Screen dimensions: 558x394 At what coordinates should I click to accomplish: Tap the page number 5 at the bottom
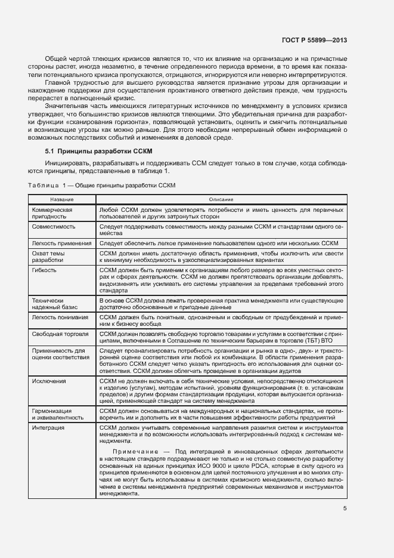pos(345,508)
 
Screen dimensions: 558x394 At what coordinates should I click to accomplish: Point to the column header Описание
pos(221,199)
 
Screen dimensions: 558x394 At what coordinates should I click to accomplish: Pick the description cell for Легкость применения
pos(220,243)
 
